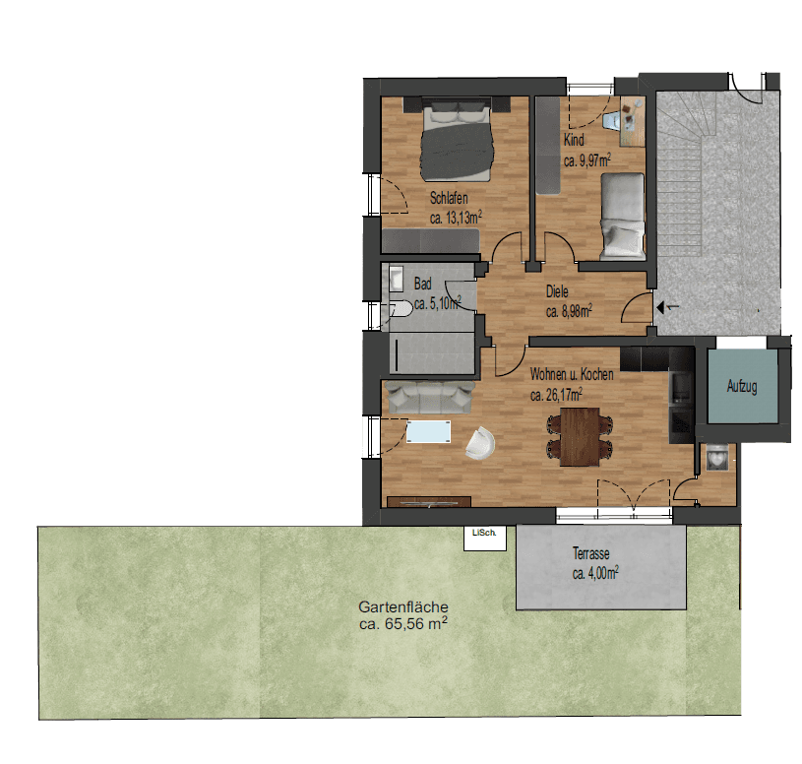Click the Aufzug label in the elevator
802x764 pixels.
[x=742, y=388]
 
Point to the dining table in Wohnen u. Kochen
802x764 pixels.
[x=580, y=433]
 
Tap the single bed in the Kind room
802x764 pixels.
[x=622, y=215]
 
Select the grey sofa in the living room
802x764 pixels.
[x=428, y=397]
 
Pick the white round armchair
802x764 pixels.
[x=481, y=443]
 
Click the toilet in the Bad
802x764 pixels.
[x=401, y=310]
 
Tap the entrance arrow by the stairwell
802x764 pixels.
[x=667, y=307]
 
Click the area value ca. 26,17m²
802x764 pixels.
[x=556, y=395]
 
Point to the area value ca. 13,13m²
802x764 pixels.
[x=455, y=217]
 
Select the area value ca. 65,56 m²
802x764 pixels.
[x=404, y=624]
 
